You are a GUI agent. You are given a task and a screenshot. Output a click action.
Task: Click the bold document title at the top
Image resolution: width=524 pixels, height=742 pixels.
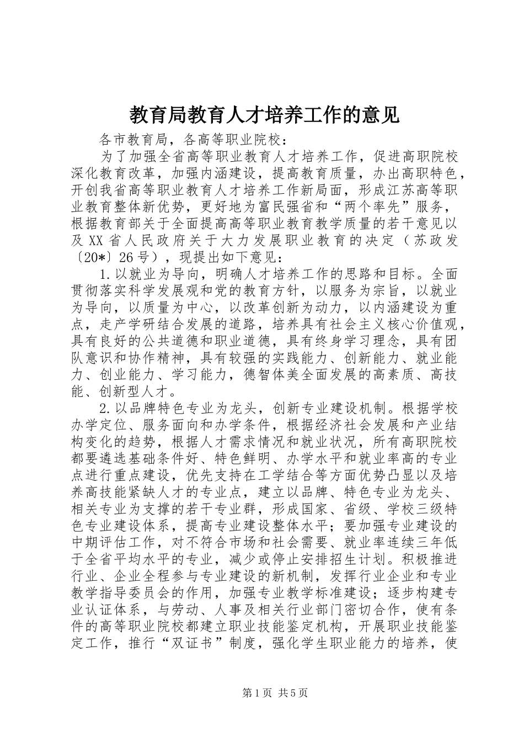(264, 115)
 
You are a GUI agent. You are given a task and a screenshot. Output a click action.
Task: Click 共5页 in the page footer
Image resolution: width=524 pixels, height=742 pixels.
(293, 693)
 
